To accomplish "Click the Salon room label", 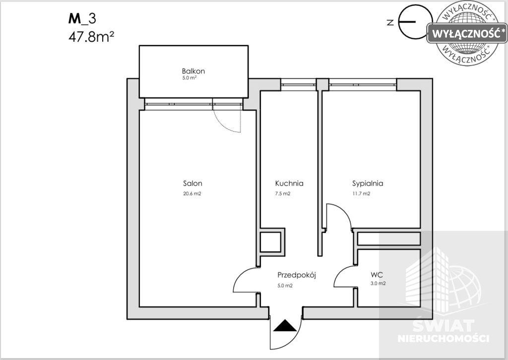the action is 192,184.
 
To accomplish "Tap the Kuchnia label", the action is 289,184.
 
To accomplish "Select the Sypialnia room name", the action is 368,184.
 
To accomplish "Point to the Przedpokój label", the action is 297,276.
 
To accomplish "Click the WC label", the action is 377,275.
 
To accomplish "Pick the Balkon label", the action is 193,71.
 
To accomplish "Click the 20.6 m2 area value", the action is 192,194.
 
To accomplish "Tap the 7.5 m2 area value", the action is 282,194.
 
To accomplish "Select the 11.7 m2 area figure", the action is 361,194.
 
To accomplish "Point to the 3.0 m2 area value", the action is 378,283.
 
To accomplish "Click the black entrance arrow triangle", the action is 285,326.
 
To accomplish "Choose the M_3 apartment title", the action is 82,19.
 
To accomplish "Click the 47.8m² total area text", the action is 91,37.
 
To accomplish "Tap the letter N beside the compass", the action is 390,22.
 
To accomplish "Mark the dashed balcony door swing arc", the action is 220,125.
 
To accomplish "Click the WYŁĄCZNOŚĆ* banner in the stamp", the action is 467,33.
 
